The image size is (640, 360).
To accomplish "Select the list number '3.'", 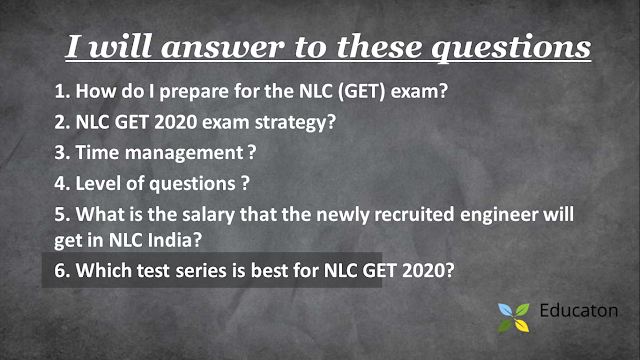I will point(62,154).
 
